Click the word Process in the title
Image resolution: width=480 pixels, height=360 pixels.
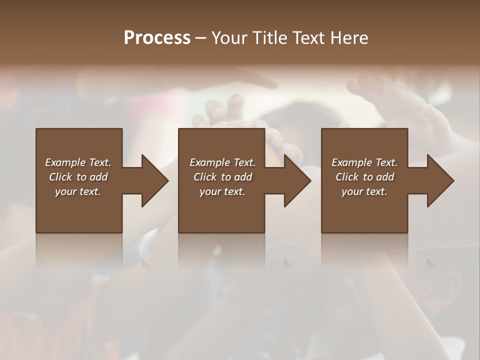coord(157,37)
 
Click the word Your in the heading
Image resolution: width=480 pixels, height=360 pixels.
coord(231,37)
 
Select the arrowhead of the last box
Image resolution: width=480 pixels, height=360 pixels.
coord(439,180)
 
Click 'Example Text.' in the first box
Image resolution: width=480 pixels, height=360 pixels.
coord(78,162)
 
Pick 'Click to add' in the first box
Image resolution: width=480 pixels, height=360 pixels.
coord(78,177)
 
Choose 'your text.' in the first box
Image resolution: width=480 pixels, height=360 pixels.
coord(78,191)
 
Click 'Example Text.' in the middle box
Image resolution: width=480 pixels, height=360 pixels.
coord(222,162)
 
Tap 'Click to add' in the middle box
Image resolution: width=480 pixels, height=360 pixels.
coord(223,177)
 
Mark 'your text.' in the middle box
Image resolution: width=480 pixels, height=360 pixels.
coord(222,191)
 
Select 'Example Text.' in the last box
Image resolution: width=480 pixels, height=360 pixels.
coord(364,162)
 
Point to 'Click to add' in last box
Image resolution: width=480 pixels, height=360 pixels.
coord(365,177)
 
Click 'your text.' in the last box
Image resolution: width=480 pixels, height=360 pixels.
coord(364,191)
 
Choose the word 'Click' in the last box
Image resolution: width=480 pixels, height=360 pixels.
coord(347,177)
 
